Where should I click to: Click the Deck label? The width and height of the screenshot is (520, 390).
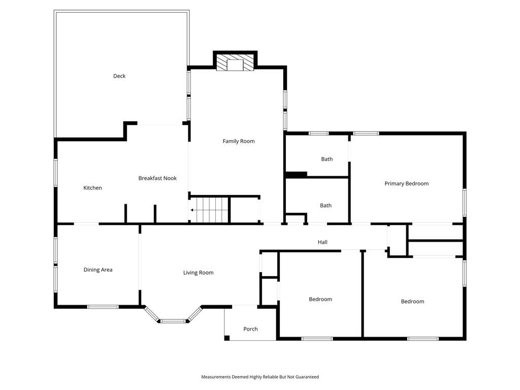(119, 76)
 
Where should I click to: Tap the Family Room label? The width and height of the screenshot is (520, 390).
(239, 141)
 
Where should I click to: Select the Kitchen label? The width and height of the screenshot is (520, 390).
(92, 188)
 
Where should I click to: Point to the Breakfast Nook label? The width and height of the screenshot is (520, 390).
(157, 178)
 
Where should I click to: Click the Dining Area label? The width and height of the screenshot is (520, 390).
(98, 270)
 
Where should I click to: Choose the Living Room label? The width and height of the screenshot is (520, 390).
(199, 273)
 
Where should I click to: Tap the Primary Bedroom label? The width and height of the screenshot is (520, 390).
(407, 184)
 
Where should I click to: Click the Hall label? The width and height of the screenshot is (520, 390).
(322, 242)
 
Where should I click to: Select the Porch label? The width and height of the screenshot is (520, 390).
(250, 329)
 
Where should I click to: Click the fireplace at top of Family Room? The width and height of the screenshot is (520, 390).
(235, 62)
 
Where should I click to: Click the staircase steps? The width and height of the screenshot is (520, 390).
(211, 210)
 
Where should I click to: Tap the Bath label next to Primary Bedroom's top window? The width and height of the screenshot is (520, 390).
(327, 159)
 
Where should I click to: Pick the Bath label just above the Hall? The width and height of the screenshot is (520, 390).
(326, 206)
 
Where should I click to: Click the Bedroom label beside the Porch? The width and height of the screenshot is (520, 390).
(320, 299)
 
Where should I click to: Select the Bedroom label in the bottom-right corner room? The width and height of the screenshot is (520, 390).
(412, 302)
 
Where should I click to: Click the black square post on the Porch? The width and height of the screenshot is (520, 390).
(227, 338)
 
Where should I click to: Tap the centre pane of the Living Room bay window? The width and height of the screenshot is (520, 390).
(173, 321)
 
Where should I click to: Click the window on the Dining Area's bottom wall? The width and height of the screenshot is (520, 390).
(103, 307)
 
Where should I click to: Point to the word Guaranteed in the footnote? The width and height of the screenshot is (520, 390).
(308, 377)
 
